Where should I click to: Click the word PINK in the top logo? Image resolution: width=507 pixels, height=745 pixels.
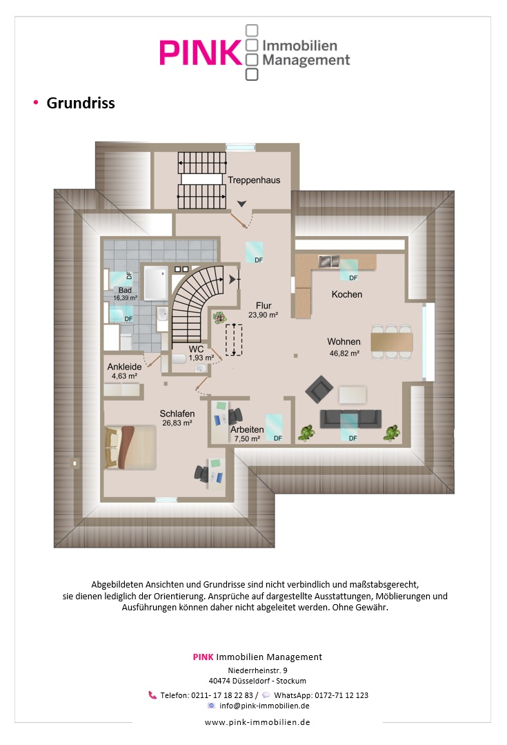[200, 52]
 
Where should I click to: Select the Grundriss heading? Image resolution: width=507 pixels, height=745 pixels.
[81, 103]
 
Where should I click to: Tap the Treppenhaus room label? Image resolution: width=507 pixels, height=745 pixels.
[254, 180]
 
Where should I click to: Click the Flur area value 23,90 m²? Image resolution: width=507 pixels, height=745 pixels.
[263, 315]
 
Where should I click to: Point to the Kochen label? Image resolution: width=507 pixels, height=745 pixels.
[347, 295]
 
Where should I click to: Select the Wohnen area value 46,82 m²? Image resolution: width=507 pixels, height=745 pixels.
[344, 354]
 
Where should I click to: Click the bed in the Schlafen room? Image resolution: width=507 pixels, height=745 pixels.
[130, 447]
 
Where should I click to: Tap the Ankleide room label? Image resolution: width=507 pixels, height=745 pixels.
[124, 367]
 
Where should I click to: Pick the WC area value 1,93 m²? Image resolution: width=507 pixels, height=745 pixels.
[201, 358]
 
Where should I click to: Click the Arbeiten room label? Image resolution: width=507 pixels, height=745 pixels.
[247, 429]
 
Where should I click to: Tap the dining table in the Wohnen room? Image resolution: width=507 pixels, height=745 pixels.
[392, 342]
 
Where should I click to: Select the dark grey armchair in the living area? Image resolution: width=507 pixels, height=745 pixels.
[319, 389]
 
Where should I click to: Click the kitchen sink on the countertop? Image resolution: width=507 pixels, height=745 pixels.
[328, 261]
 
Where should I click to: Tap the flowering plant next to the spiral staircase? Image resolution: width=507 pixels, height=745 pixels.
[219, 318]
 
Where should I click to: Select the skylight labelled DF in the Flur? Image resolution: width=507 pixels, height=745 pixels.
[255, 252]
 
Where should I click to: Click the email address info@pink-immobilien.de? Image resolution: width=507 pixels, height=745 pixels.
[264, 706]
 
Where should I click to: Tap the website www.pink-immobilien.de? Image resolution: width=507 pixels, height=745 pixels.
[257, 722]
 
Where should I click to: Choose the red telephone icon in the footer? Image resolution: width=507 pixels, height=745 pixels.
[152, 695]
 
